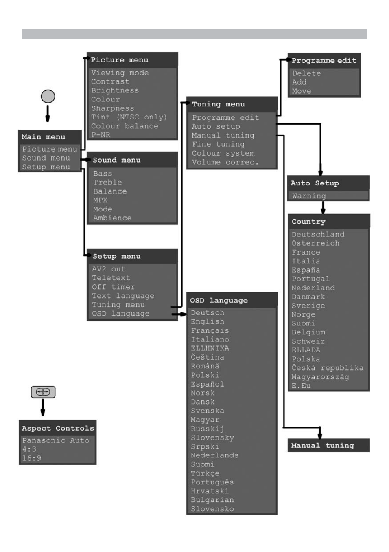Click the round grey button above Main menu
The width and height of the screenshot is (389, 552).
[x=48, y=96]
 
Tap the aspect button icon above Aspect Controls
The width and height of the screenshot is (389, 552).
[x=43, y=392]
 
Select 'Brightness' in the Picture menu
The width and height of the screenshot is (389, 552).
[x=115, y=90]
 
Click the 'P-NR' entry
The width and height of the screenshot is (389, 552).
[x=101, y=135]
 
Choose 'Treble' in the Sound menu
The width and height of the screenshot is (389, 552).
[x=107, y=183]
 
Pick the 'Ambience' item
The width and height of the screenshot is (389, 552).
[x=112, y=218]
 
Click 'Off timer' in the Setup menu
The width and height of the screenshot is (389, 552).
[x=113, y=287]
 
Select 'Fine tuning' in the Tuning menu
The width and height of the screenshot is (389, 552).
[x=219, y=144]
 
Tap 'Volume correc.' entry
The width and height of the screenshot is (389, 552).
[x=225, y=162]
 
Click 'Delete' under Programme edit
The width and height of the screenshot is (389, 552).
[x=306, y=73]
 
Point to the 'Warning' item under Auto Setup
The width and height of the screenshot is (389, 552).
[x=309, y=196]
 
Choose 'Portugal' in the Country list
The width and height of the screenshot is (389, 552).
[x=310, y=279]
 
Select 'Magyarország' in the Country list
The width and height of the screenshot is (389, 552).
[x=320, y=377]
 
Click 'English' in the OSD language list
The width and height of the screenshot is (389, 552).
[x=208, y=321]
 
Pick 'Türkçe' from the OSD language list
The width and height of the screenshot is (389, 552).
[x=205, y=473]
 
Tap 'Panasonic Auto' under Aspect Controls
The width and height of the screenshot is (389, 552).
[x=56, y=440]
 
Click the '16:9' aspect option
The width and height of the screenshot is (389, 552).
[x=32, y=458]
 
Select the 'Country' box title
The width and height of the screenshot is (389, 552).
[x=308, y=222]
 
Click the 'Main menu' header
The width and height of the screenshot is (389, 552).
[x=44, y=137]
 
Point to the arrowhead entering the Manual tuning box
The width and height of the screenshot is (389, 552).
[x=320, y=436]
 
